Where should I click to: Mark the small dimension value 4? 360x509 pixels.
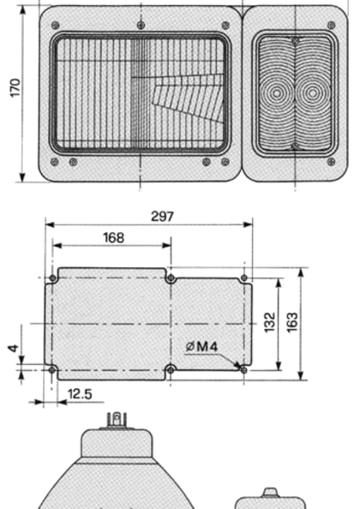[x=12, y=349]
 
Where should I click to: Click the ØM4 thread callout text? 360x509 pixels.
[x=201, y=346]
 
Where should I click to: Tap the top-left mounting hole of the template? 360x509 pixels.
[x=54, y=278]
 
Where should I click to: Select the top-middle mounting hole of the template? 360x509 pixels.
[x=171, y=278]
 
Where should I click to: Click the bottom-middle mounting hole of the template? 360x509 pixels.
[x=171, y=369]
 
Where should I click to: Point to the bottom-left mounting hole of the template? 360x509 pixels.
[x=54, y=369]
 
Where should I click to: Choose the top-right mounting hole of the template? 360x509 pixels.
[x=245, y=278]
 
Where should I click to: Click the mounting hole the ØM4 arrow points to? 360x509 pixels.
[x=245, y=369]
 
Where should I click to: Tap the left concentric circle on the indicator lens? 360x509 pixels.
[x=280, y=93]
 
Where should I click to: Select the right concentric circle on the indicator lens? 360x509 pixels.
[x=310, y=93]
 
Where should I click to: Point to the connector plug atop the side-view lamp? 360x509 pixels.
[x=115, y=419]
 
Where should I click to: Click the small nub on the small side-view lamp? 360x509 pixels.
[x=270, y=492]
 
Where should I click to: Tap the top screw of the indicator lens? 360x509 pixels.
[x=296, y=40]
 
